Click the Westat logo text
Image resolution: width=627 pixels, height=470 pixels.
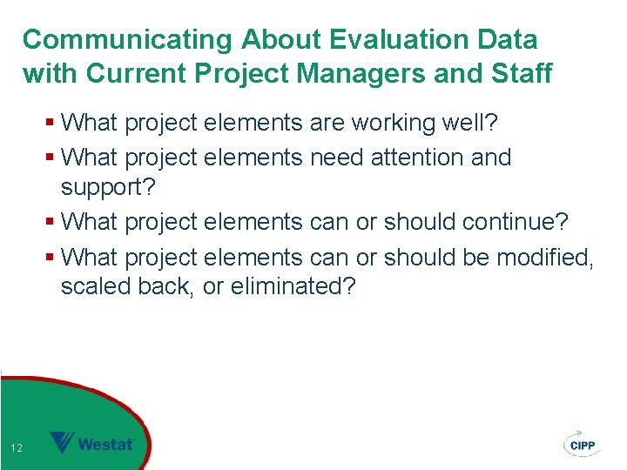pyautogui.click(x=106, y=444)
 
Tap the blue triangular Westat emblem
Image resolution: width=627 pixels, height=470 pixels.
pyautogui.click(x=62, y=443)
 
